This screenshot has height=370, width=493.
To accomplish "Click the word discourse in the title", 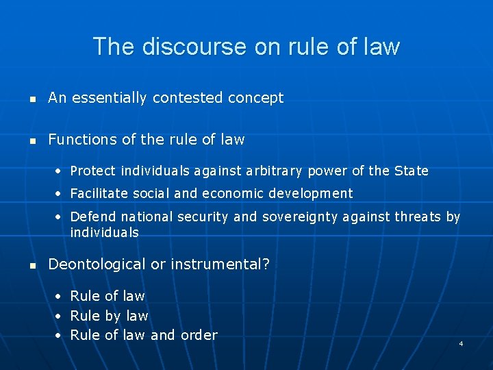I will point(177,47).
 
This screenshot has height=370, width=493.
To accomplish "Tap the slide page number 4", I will point(461,343).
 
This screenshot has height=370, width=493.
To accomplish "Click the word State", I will point(411,171).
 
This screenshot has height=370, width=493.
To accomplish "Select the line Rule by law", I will point(109,316).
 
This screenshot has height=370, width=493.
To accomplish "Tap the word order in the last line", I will point(199,335).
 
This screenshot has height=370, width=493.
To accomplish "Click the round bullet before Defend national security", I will point(60,217).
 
